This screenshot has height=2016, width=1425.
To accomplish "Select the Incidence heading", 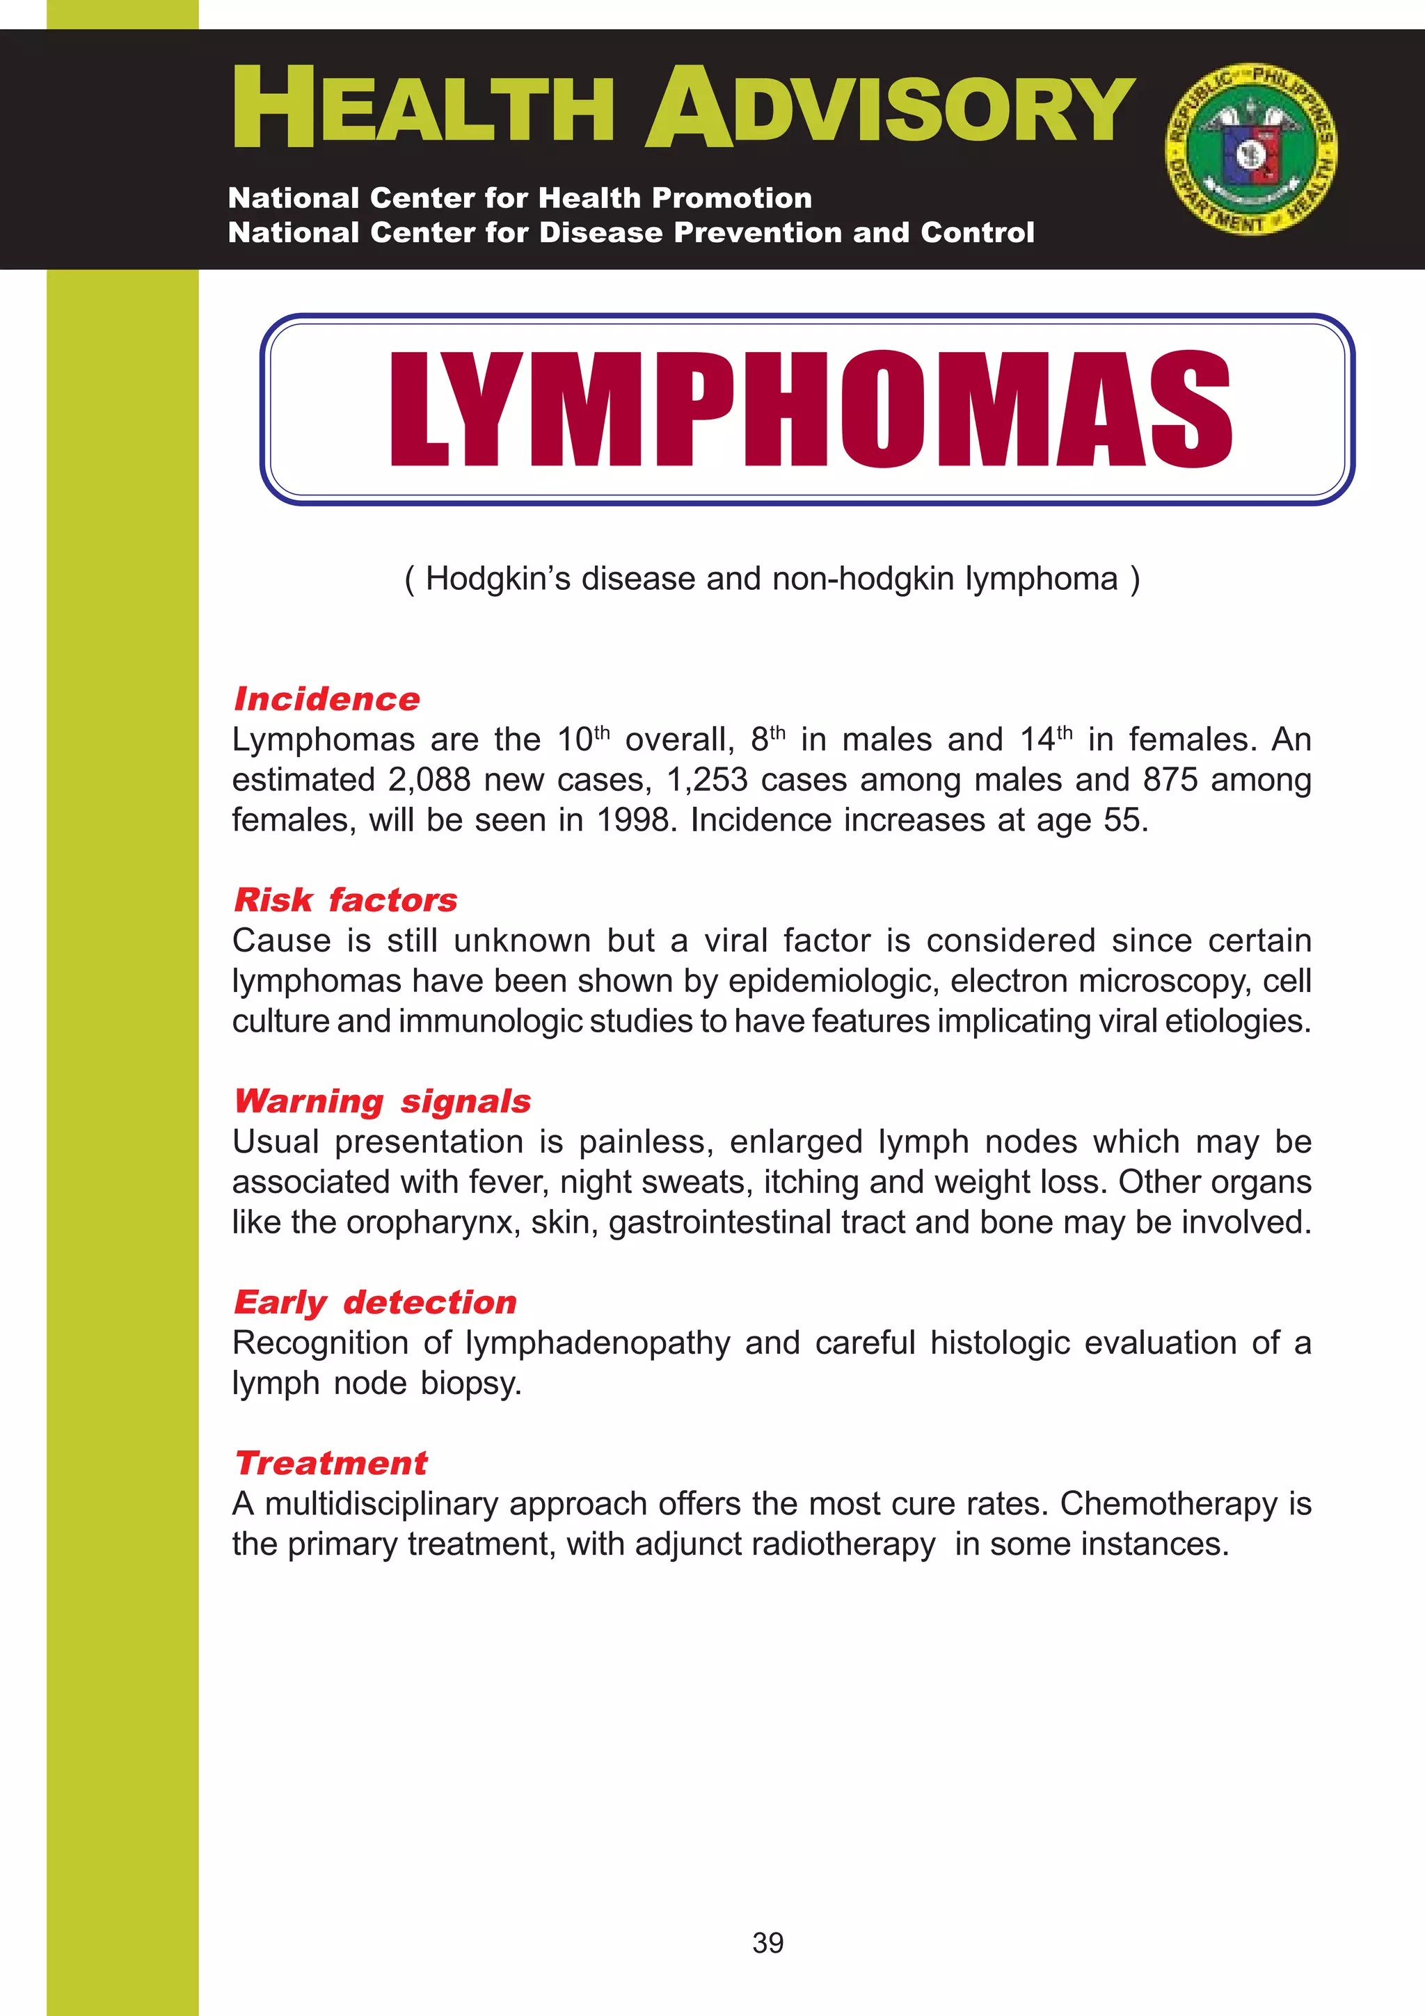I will pyautogui.click(x=326, y=700).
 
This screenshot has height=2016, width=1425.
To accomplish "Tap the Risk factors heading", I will pyautogui.click(x=345, y=900).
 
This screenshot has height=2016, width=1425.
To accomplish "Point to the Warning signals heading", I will pyautogui.click(x=382, y=1101).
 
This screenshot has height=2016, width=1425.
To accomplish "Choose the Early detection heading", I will pyautogui.click(x=375, y=1302).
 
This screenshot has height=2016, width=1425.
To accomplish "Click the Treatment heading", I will pyautogui.click(x=331, y=1464).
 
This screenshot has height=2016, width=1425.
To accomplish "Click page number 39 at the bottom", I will pyautogui.click(x=767, y=1942).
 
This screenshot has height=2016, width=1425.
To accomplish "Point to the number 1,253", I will pyautogui.click(x=707, y=780).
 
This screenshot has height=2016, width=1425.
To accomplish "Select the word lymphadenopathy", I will pyautogui.click(x=597, y=1343).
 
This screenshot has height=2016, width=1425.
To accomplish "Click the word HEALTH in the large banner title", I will pyautogui.click(x=422, y=110).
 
